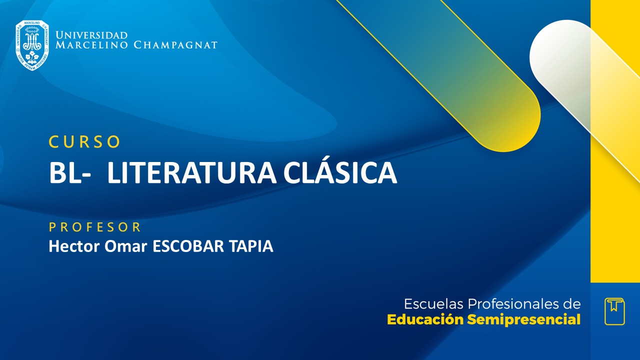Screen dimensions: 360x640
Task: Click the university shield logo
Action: coord(32,45)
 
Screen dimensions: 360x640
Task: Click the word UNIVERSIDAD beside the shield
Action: coord(91,35)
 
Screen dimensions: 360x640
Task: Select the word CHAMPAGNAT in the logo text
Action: coord(175,45)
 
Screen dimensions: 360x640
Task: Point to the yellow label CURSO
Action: coord(84,142)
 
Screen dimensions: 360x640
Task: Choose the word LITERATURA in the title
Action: coord(191,173)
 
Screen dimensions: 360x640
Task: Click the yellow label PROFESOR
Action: coord(95,227)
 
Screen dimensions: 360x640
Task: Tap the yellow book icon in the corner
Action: coord(614,311)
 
